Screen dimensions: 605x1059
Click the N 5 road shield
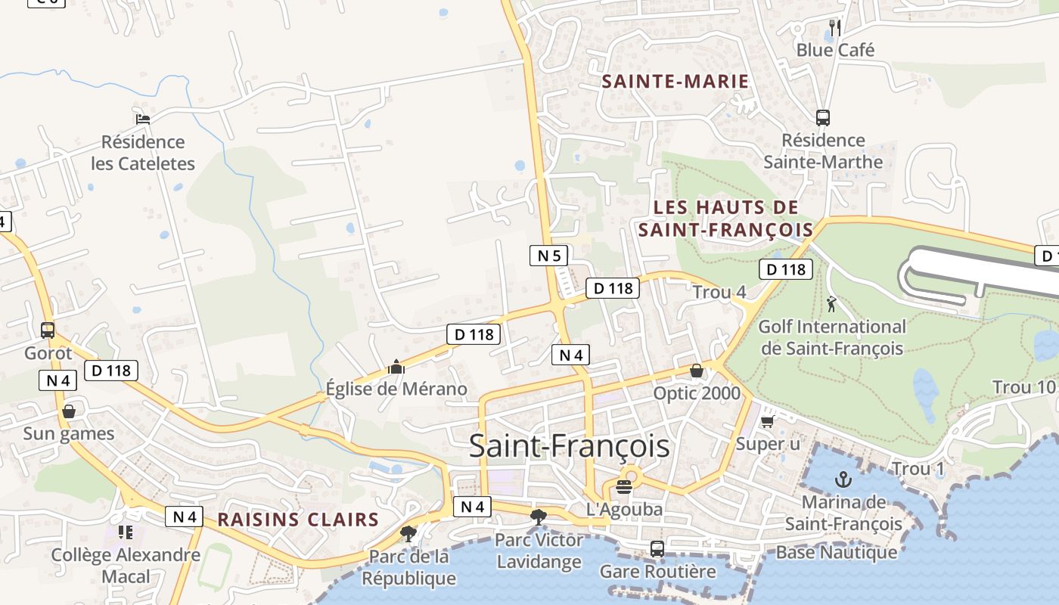pyautogui.click(x=548, y=256)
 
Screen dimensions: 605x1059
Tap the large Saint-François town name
pyautogui.click(x=569, y=446)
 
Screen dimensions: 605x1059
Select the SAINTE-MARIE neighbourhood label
pyautogui.click(x=675, y=82)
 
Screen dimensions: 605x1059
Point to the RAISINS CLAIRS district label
pyautogui.click(x=298, y=520)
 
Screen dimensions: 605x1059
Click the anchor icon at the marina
pyautogui.click(x=843, y=479)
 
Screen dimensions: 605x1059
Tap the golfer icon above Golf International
pyautogui.click(x=832, y=304)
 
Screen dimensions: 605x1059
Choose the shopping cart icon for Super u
pyautogui.click(x=768, y=421)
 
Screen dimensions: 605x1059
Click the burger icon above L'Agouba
pyautogui.click(x=624, y=486)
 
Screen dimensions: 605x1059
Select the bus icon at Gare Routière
pyautogui.click(x=657, y=548)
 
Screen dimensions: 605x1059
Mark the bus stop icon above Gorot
pyautogui.click(x=48, y=330)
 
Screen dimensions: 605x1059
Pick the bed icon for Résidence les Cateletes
pyautogui.click(x=143, y=119)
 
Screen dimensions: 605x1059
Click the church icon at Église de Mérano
pyautogui.click(x=396, y=368)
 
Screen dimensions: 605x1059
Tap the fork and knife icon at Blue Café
pyautogui.click(x=835, y=28)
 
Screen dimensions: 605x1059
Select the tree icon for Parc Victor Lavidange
pyautogui.click(x=539, y=517)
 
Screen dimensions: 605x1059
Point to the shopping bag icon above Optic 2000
pyautogui.click(x=697, y=371)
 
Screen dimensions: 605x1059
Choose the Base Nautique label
pyautogui.click(x=837, y=552)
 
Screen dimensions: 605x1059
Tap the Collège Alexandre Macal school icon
pyautogui.click(x=126, y=532)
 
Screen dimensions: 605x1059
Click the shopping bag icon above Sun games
pyautogui.click(x=69, y=411)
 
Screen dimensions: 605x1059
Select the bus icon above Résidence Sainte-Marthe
pyautogui.click(x=823, y=118)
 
